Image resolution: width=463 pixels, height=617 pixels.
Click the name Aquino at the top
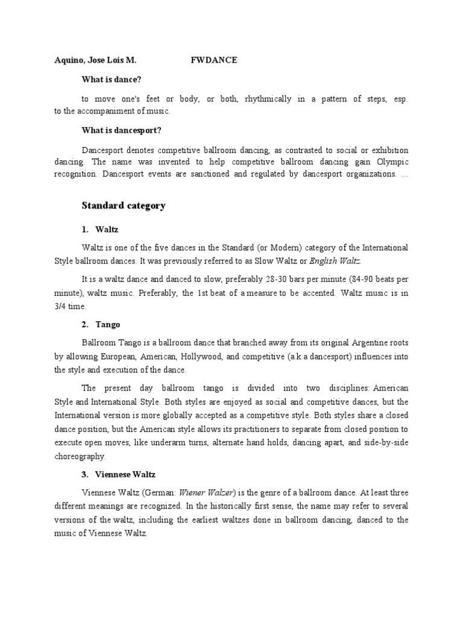click(62, 60)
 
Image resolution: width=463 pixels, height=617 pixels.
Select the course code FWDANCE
click(214, 60)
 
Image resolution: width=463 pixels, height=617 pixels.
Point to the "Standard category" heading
click(124, 206)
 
